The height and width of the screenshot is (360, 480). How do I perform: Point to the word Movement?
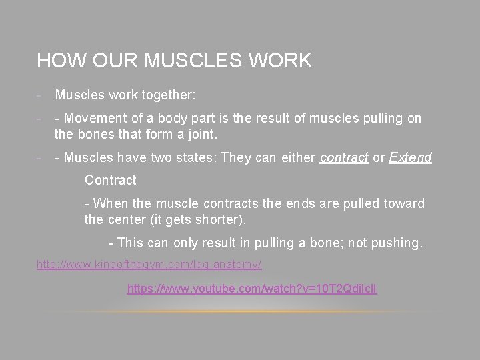coord(99,119)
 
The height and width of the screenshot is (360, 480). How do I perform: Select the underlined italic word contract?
coord(344,158)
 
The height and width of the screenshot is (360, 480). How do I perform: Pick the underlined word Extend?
coord(410,158)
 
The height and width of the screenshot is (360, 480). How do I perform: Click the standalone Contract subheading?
coord(110,181)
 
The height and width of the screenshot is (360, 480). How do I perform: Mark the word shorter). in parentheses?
coord(231,219)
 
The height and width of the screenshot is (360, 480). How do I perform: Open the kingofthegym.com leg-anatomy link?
coord(149,265)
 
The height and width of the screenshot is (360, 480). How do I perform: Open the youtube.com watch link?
coord(252,290)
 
